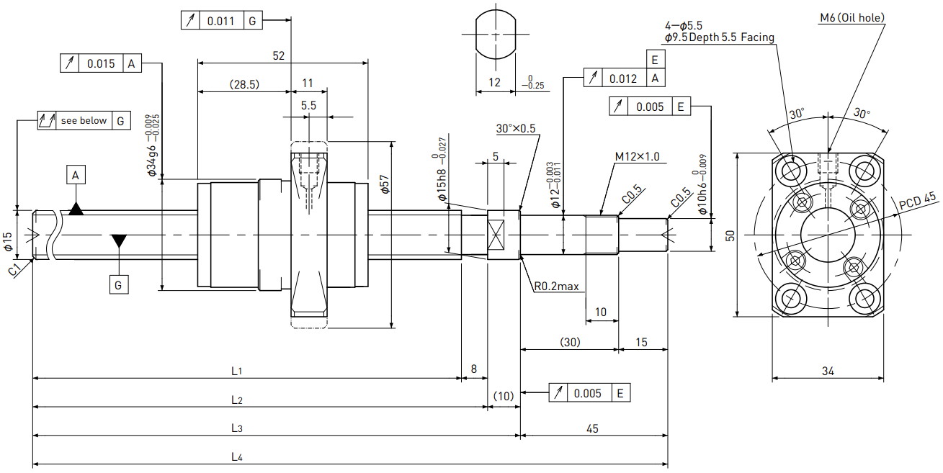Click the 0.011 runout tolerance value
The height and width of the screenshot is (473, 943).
(x=220, y=21)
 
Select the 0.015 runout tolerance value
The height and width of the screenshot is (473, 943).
(x=101, y=63)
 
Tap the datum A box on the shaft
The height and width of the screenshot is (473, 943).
(x=76, y=175)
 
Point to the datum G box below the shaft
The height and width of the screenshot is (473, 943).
(x=119, y=285)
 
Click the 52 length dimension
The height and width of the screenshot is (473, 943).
(x=279, y=55)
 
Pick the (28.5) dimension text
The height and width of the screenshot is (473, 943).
(x=245, y=84)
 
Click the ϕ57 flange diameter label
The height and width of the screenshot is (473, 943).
(x=385, y=184)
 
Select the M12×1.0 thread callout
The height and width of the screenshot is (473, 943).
(x=637, y=156)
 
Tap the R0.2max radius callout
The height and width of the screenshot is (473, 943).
(x=557, y=287)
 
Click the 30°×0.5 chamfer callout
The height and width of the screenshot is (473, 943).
(x=516, y=128)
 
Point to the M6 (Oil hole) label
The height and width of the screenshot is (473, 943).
(x=852, y=18)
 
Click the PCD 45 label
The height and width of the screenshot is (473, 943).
(x=917, y=200)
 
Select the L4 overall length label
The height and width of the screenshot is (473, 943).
(x=237, y=457)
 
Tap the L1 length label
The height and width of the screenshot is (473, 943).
(x=236, y=371)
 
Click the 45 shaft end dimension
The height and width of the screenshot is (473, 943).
(x=592, y=428)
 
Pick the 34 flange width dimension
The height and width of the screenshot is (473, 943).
(x=828, y=371)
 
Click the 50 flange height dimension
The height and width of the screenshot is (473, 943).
(x=730, y=235)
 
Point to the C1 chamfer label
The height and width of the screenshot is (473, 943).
(x=14, y=269)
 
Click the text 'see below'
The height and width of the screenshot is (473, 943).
(x=84, y=121)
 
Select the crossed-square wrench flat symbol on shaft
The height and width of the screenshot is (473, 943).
(x=496, y=235)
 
